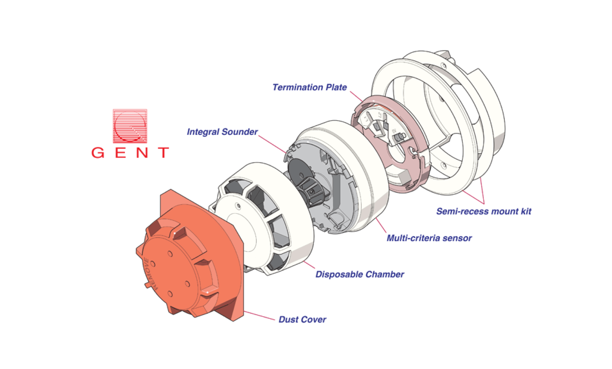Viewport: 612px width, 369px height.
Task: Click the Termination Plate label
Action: pyautogui.click(x=309, y=87)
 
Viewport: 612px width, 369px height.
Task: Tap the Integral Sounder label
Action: pyautogui.click(x=222, y=132)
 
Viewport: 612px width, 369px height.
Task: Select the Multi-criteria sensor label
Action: pyautogui.click(x=429, y=238)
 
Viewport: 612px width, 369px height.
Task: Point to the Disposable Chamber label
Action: pyautogui.click(x=360, y=275)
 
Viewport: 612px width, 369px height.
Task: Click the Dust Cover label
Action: pyautogui.click(x=302, y=320)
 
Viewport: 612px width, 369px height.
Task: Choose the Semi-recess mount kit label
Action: pyautogui.click(x=484, y=211)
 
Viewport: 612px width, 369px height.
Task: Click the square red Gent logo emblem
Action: pyautogui.click(x=130, y=126)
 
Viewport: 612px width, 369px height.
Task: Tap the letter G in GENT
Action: pyautogui.click(x=98, y=153)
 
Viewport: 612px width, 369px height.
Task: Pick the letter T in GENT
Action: pyautogui.click(x=164, y=153)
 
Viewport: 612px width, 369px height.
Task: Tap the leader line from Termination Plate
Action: pyautogui.click(x=356, y=96)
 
